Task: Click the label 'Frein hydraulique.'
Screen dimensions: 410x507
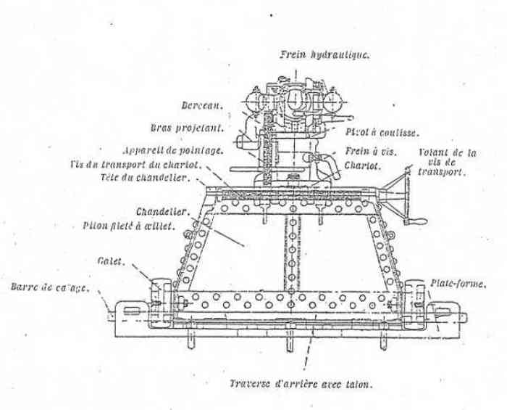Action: [x=324, y=54]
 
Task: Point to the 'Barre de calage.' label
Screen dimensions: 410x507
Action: [x=50, y=288]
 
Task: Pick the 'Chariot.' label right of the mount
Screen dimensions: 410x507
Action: [x=366, y=165]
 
